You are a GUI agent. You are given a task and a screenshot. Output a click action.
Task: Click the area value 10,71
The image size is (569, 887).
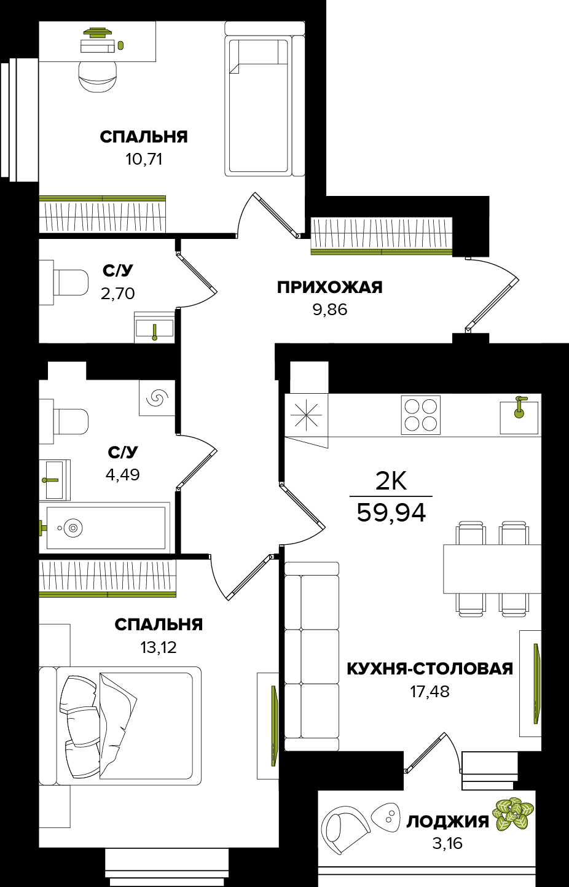point(144,160)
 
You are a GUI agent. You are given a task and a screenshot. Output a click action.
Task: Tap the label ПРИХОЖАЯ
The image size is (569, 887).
point(329,287)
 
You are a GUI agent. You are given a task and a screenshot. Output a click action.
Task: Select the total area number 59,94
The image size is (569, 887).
point(391,512)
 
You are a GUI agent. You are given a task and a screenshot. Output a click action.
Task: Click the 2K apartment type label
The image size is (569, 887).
point(391,482)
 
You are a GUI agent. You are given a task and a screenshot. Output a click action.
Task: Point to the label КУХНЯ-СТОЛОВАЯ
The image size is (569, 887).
point(430,669)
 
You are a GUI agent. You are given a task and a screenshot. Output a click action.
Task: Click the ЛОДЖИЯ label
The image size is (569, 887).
point(447,821)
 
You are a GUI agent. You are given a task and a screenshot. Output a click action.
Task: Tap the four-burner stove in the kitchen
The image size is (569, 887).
point(421,415)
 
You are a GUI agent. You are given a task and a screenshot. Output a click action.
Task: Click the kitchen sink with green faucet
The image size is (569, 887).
point(519,416)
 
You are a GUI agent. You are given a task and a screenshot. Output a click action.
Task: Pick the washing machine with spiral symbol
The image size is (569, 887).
point(157,398)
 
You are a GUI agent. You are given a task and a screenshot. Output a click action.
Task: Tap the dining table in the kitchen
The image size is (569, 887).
point(492,568)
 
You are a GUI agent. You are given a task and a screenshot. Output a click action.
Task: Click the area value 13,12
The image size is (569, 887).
point(159,647)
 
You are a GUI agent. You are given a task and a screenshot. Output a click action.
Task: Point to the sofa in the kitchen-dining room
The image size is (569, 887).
point(312,656)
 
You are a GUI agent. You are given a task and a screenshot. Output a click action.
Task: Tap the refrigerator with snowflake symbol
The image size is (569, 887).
point(306,415)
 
